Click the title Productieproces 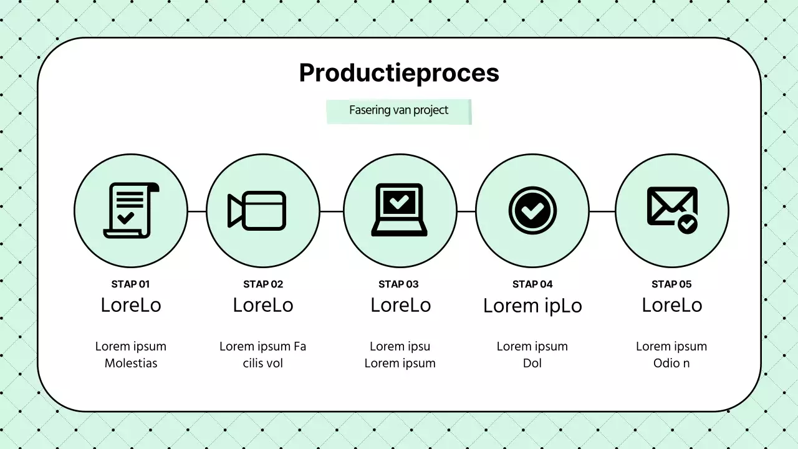tap(399, 73)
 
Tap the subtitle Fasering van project tap(398, 110)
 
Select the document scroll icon tap(131, 210)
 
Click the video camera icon tap(257, 210)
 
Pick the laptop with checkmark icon tap(399, 210)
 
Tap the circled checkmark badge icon tap(532, 210)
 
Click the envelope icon tap(671, 210)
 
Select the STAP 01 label tap(131, 284)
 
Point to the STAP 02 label tap(263, 284)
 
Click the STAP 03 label tap(398, 284)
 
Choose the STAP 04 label tap(532, 284)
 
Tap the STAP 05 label tap(671, 284)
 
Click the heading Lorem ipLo tap(532, 306)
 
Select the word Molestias tap(131, 363)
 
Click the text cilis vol tap(263, 363)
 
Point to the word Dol tap(532, 363)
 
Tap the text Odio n tap(671, 363)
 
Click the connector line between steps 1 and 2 tap(197, 211)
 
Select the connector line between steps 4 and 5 tap(602, 211)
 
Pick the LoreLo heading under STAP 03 tap(400, 305)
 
